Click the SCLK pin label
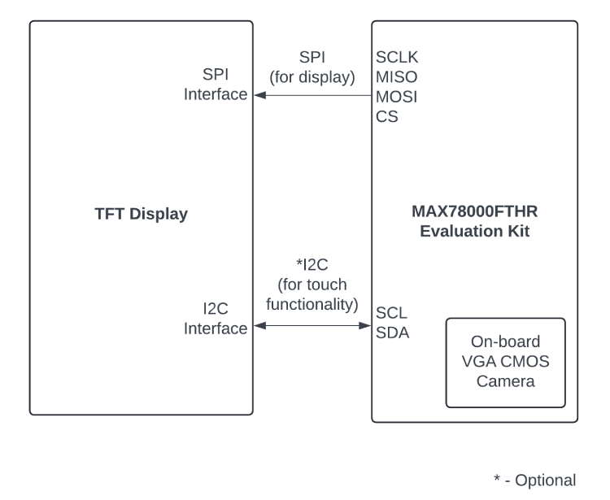pos(397,58)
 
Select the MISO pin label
pos(396,77)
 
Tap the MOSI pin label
pos(396,97)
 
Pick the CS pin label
pos(386,116)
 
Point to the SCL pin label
pos(390,312)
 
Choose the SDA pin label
pos(391,332)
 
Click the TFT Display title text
pos(142,215)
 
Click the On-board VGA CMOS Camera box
pos(505,362)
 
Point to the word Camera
pos(505,380)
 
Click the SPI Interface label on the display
pos(216,85)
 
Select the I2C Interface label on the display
pos(216,319)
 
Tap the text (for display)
pos(312,78)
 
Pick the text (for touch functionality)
pos(312,295)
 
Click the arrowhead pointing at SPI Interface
pos(259,95)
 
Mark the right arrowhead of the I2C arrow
pos(365,326)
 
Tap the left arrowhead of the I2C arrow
pos(259,326)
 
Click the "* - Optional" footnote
pos(534,480)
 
